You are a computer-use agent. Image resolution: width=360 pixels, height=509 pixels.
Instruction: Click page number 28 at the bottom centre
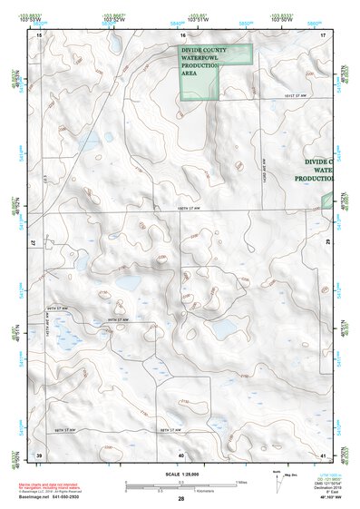(180, 499)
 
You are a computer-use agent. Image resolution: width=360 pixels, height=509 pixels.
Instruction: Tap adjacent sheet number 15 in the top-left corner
(39, 34)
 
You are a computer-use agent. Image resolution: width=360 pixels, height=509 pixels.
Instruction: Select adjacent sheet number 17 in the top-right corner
(323, 34)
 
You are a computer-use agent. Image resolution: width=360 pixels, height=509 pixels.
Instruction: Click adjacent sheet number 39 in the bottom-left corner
(39, 454)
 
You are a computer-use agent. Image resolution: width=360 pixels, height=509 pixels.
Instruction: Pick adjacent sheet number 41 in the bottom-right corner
(323, 454)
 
